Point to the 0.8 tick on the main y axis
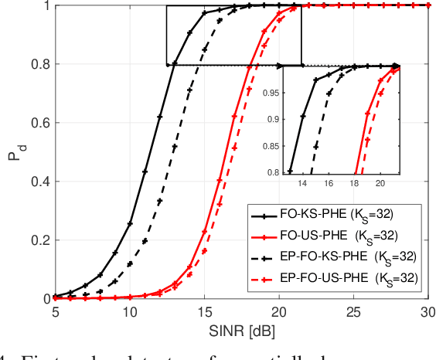[39, 64]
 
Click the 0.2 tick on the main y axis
[39, 240]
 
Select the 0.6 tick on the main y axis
[39, 123]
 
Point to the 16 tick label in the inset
[328, 184]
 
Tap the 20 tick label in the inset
[380, 184]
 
